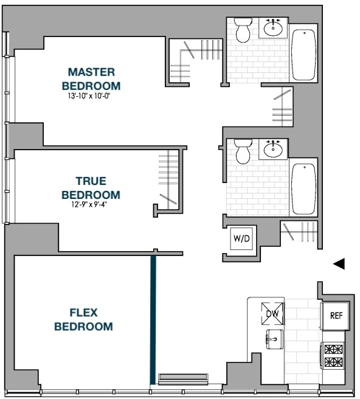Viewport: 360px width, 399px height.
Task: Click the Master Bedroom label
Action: [x=91, y=79]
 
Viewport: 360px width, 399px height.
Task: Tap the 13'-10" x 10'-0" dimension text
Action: [x=90, y=96]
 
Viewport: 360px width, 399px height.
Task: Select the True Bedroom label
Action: [x=91, y=188]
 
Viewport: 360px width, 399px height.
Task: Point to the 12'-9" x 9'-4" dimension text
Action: [x=89, y=204]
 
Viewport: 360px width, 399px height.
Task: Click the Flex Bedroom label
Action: [x=84, y=319]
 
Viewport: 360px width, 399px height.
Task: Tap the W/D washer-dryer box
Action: [x=241, y=238]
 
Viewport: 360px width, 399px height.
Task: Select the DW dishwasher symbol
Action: [x=272, y=313]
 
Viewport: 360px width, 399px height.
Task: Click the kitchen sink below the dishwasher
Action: [x=274, y=339]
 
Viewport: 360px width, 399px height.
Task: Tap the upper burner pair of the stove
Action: [x=334, y=349]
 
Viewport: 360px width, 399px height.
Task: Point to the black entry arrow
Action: [x=339, y=263]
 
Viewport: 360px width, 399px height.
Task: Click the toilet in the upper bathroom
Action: [x=243, y=30]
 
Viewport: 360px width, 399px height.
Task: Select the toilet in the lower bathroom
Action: [x=243, y=151]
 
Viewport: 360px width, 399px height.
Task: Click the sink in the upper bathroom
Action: [x=273, y=28]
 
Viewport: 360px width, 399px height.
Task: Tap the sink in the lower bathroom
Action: [x=273, y=149]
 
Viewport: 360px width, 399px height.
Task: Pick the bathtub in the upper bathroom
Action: [x=303, y=55]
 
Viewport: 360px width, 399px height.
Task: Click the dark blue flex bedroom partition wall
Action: [x=153, y=319]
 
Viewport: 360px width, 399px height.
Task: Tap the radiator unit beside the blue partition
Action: [x=183, y=379]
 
